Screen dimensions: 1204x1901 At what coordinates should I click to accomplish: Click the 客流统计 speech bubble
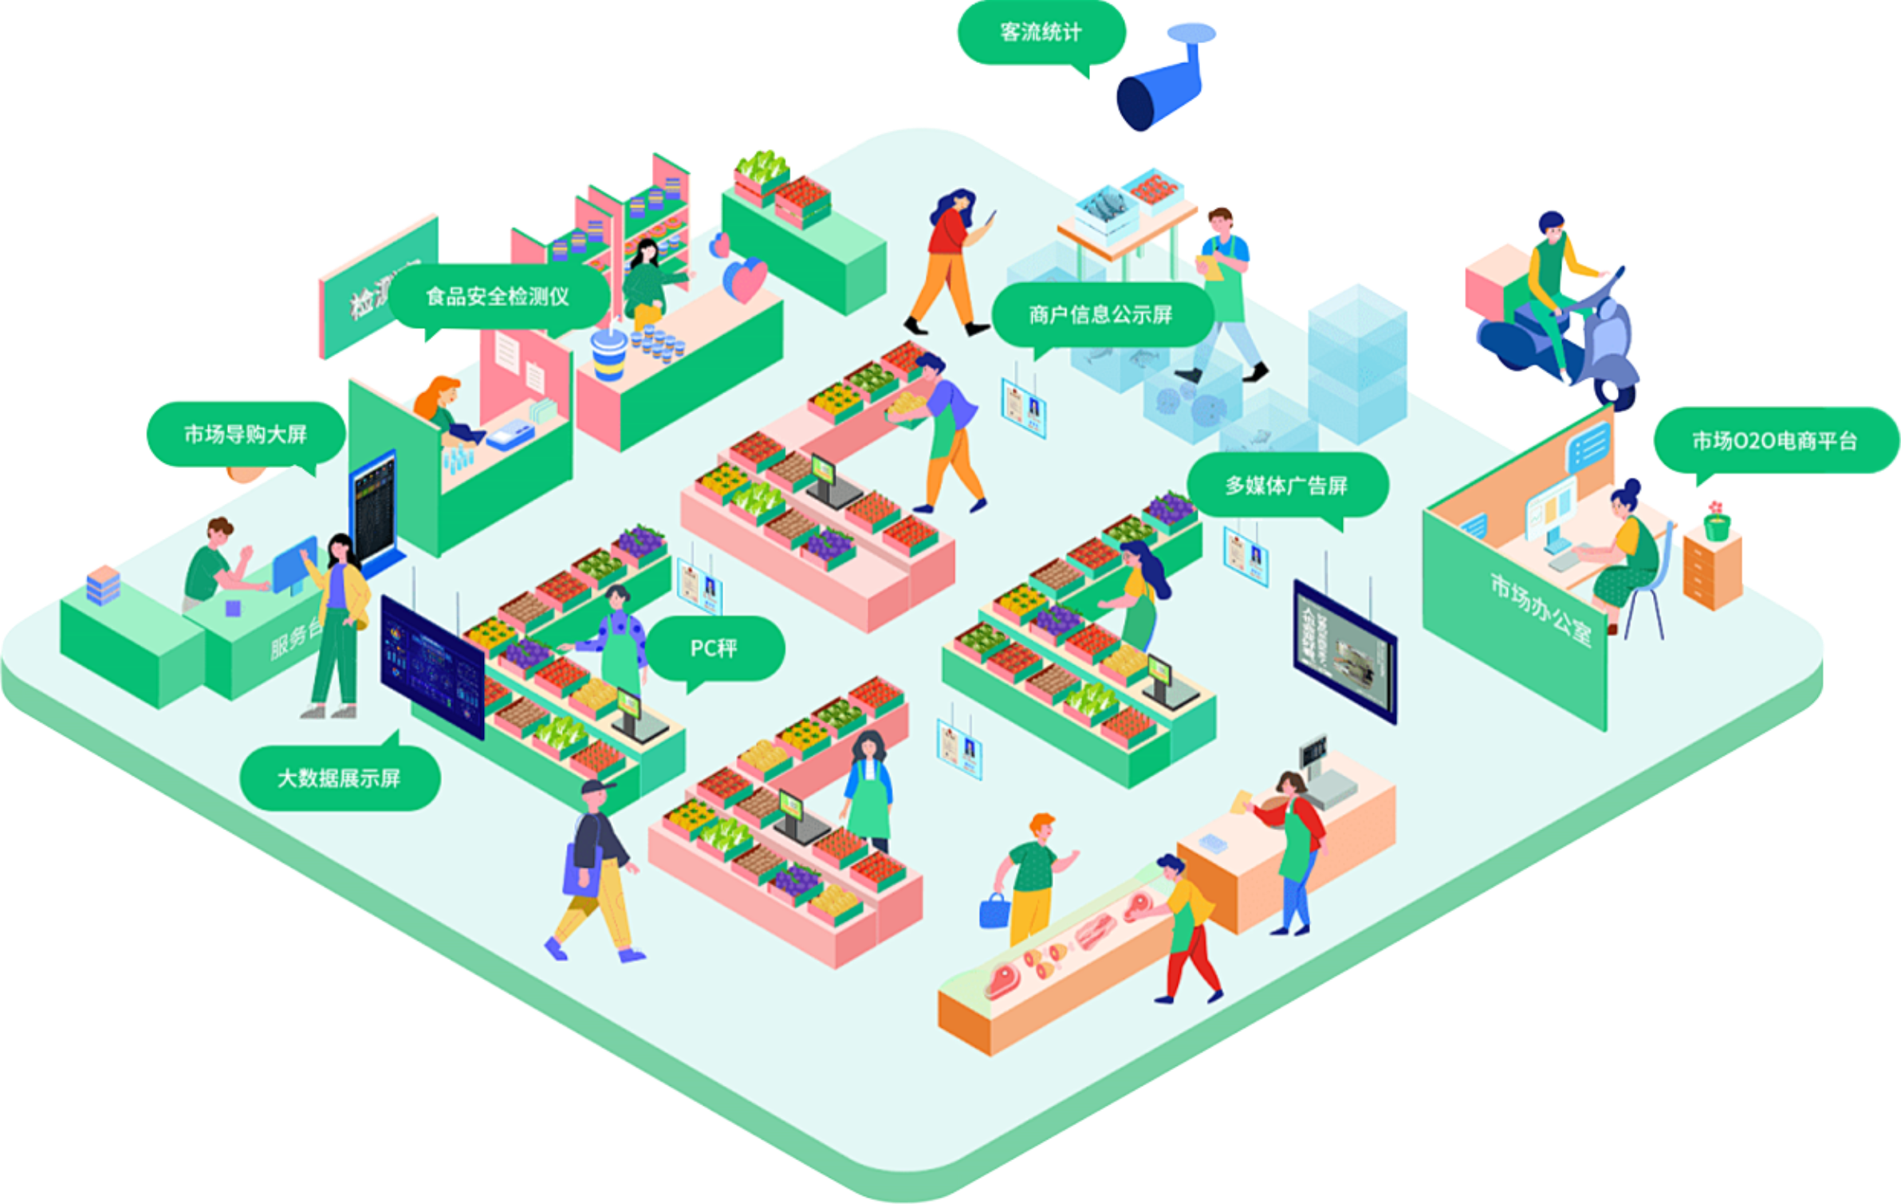click(1041, 33)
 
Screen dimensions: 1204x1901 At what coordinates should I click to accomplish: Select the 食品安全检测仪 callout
click(498, 297)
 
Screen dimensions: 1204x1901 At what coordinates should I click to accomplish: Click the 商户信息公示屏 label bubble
click(1100, 315)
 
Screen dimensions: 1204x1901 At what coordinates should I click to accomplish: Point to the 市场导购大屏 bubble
click(246, 435)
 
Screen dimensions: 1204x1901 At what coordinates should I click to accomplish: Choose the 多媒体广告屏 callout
click(1286, 486)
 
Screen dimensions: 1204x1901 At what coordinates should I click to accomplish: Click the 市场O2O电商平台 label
click(1775, 441)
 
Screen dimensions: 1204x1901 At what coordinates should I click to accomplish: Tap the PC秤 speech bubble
click(714, 648)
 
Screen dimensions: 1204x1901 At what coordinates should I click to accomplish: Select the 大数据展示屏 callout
click(339, 778)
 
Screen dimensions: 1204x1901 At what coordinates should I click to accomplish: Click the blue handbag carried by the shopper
click(994, 911)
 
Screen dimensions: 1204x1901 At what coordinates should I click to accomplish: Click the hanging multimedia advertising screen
click(1344, 651)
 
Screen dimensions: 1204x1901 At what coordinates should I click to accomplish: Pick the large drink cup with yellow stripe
click(609, 354)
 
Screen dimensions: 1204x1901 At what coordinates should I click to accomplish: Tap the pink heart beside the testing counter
click(746, 279)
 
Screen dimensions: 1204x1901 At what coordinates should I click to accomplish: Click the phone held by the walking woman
click(991, 217)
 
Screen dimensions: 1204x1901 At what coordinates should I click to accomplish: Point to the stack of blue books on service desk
click(103, 584)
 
